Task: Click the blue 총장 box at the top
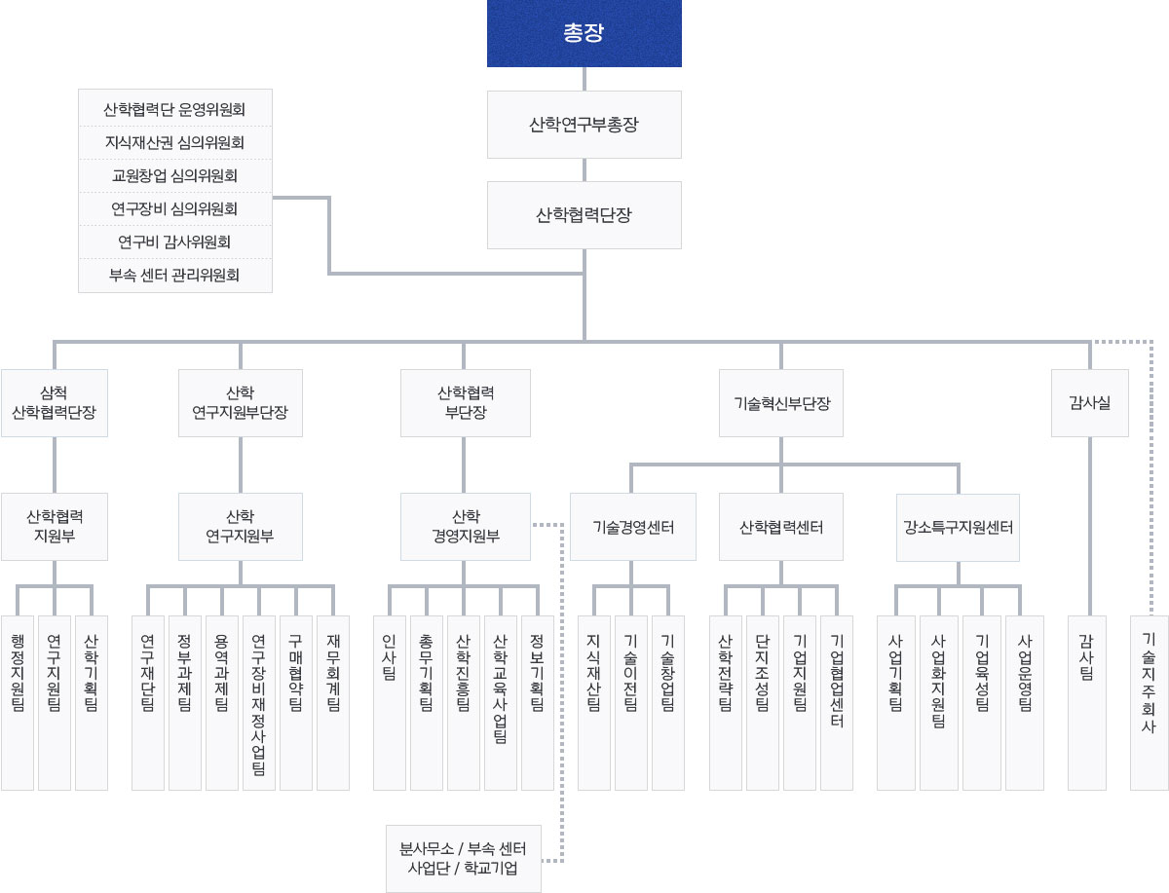(584, 34)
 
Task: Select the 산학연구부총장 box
(584, 125)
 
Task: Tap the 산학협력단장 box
(584, 215)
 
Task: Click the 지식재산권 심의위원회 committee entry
(174, 143)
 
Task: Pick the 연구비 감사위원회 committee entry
(174, 242)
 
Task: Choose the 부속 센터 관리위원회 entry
(174, 275)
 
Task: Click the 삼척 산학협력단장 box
(55, 402)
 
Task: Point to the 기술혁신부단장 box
(781, 402)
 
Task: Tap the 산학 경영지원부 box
(466, 526)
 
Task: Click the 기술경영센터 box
(633, 527)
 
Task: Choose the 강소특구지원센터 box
(958, 527)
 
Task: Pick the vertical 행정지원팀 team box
(18, 701)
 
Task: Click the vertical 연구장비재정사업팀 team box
(259, 701)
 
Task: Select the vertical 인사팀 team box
(390, 701)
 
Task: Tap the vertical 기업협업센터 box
(837, 701)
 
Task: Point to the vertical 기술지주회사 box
(1149, 701)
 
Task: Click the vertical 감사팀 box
(1087, 701)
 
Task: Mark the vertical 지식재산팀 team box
(594, 701)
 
